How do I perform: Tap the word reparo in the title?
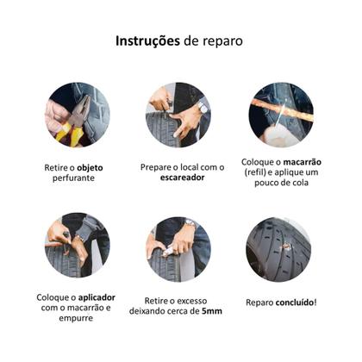tap(220, 41)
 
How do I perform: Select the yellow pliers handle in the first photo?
tap(69, 134)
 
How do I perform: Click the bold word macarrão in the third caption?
tap(293, 160)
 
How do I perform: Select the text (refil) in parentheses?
tap(259, 172)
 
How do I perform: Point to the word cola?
tap(297, 184)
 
